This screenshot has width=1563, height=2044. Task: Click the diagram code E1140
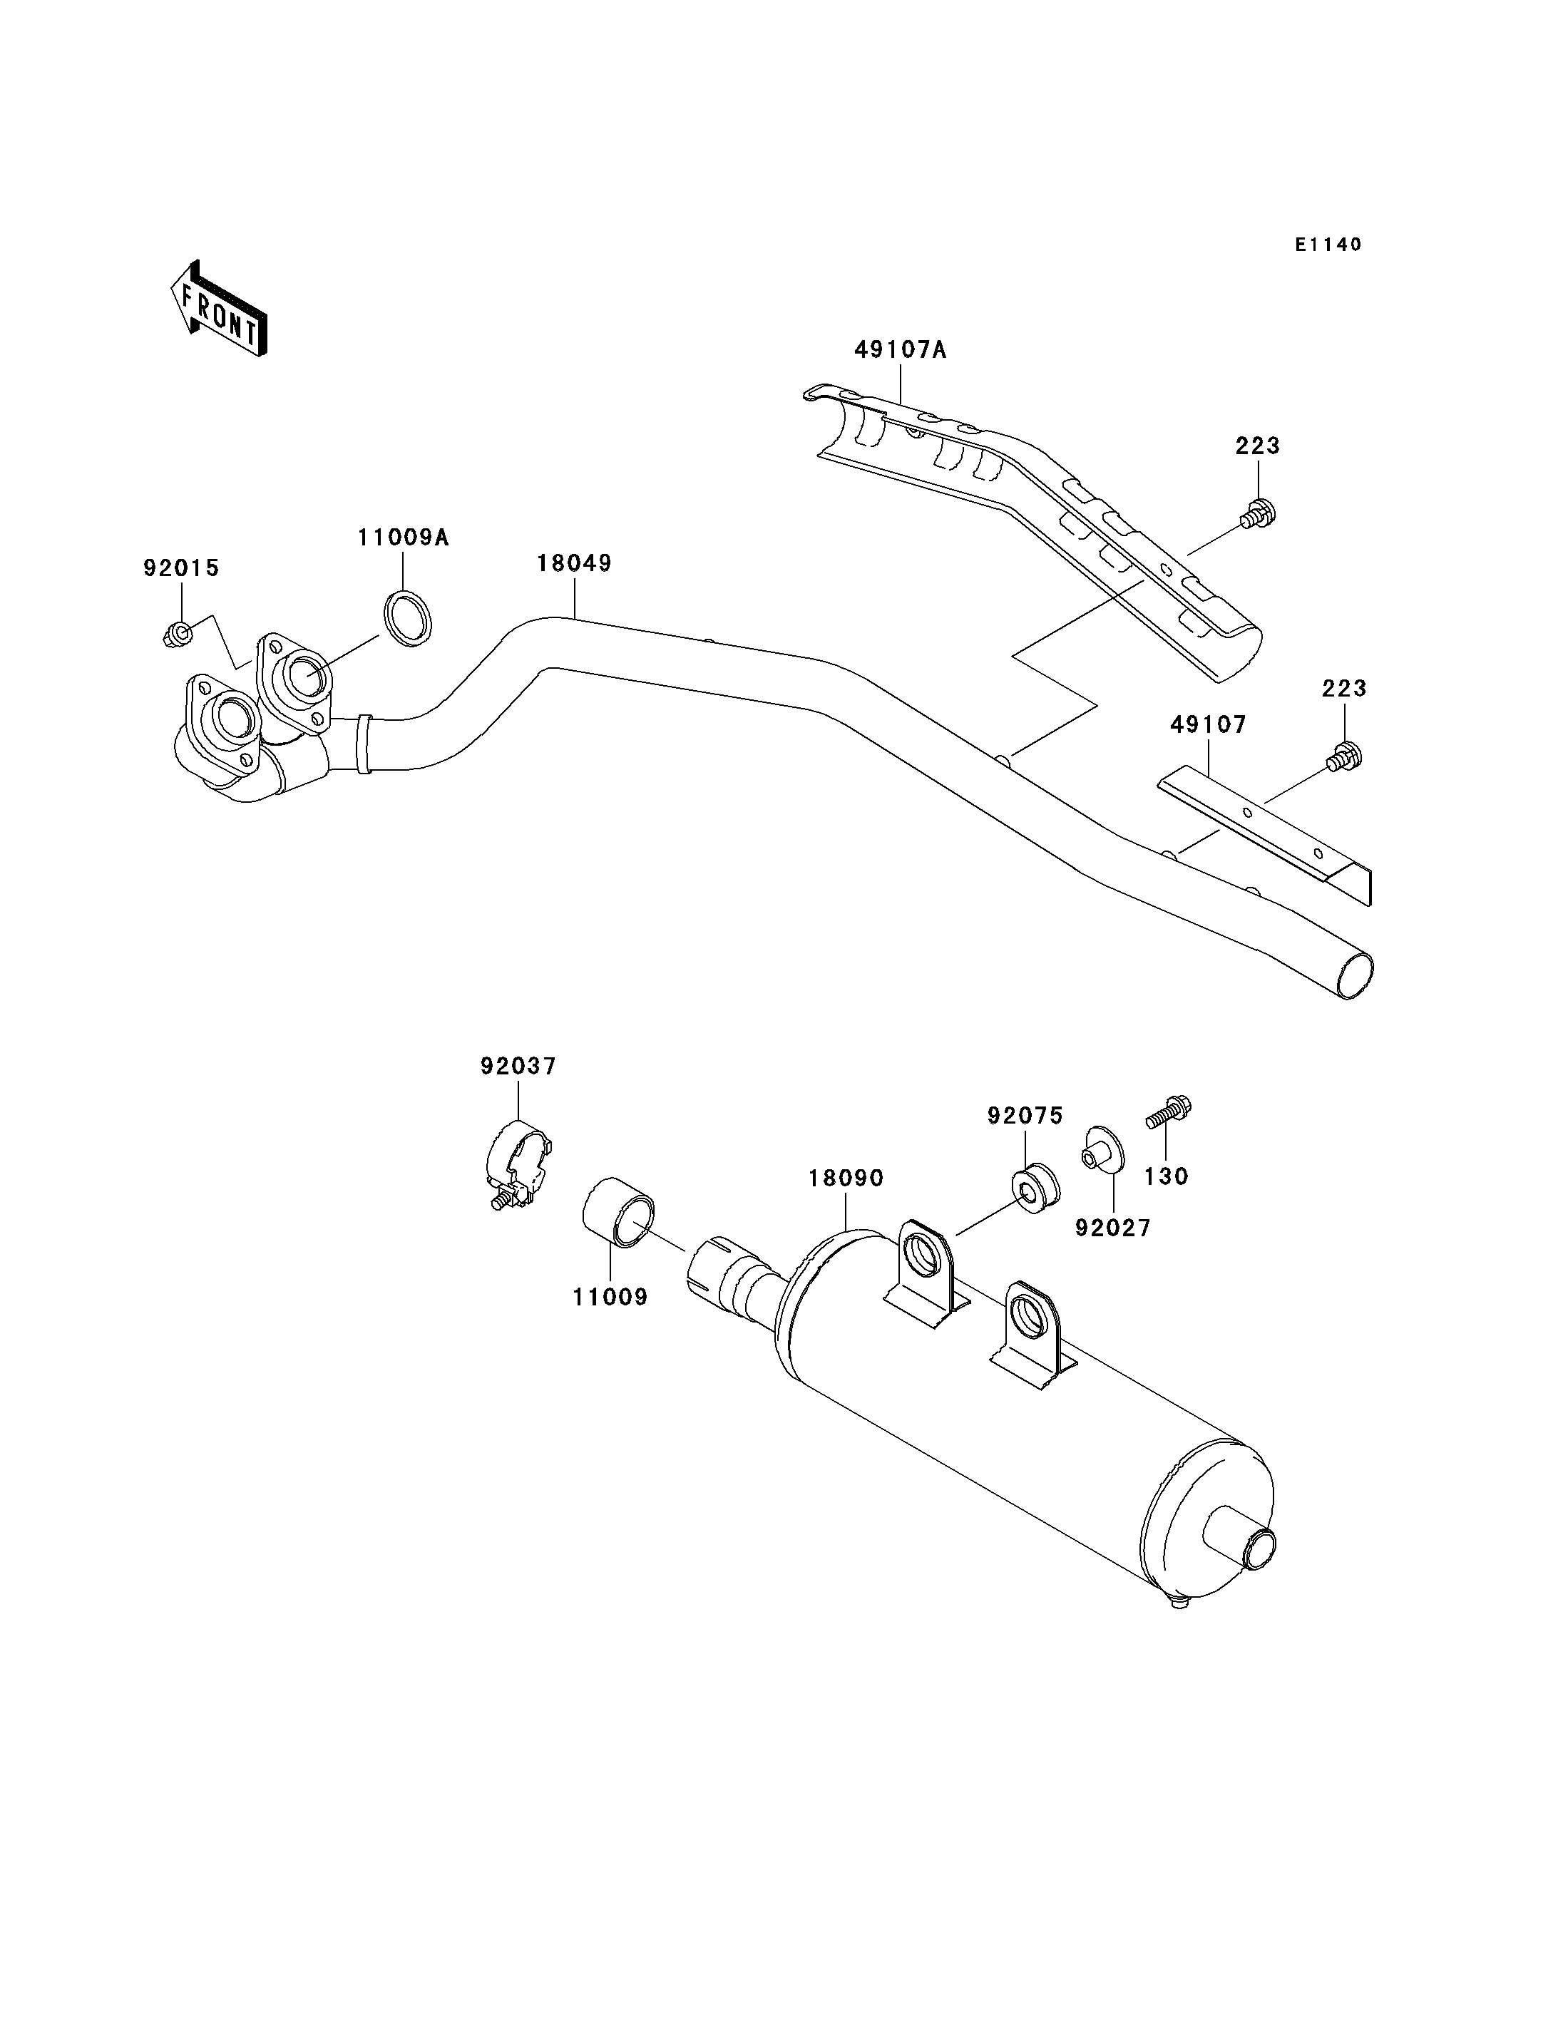point(1328,245)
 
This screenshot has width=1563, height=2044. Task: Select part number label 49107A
point(901,350)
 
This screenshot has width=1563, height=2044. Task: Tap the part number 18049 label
point(574,563)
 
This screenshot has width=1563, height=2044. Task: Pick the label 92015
point(181,568)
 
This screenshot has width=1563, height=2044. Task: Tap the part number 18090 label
point(846,1178)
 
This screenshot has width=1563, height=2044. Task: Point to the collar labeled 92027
point(1102,1149)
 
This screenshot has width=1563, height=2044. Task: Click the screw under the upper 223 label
point(1258,513)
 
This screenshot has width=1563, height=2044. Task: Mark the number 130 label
point(1167,1177)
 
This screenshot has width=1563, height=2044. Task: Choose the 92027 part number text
point(1114,1228)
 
